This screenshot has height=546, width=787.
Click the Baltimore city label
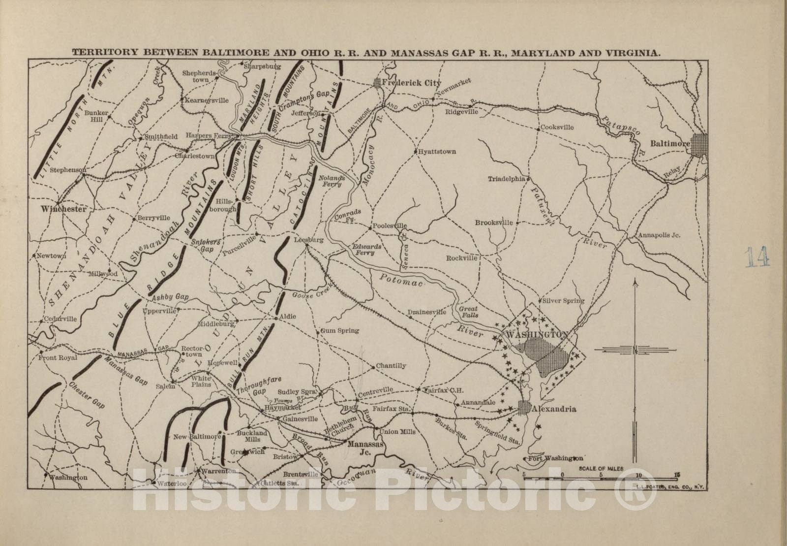670,144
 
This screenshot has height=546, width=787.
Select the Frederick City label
406,83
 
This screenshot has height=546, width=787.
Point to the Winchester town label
63,209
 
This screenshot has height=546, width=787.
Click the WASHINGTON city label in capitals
537,334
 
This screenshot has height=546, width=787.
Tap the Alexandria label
556,409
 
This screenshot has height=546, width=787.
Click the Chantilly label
391,366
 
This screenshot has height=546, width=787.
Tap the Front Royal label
58,358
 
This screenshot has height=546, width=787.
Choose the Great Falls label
468,312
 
